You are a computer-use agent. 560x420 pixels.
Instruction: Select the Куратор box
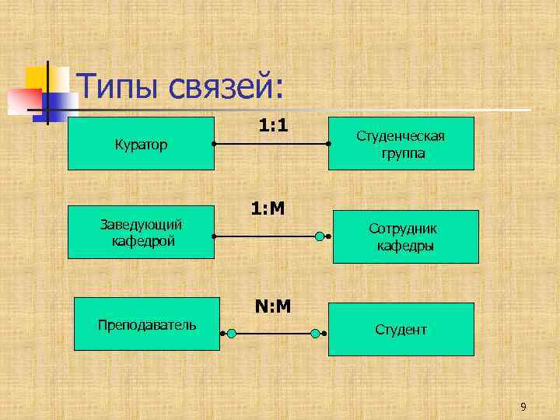(x=141, y=143)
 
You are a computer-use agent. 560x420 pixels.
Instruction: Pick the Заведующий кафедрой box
(x=141, y=232)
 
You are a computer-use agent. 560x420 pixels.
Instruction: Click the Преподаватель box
(x=147, y=324)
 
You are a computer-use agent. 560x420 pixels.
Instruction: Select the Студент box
(x=401, y=329)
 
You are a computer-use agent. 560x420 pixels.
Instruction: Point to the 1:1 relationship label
(x=273, y=124)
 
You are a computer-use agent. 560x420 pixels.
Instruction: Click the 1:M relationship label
(x=268, y=208)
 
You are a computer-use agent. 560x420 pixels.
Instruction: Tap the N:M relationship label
(x=272, y=306)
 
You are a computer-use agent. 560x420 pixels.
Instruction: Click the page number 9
(x=523, y=406)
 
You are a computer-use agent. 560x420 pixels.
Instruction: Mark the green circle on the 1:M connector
(x=319, y=236)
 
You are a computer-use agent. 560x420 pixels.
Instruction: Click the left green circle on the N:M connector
(x=231, y=333)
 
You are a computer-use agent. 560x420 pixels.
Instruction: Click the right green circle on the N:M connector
(x=315, y=333)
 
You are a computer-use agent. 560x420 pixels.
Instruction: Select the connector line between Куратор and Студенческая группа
(x=271, y=145)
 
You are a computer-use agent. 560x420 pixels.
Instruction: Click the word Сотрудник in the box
(x=403, y=229)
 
